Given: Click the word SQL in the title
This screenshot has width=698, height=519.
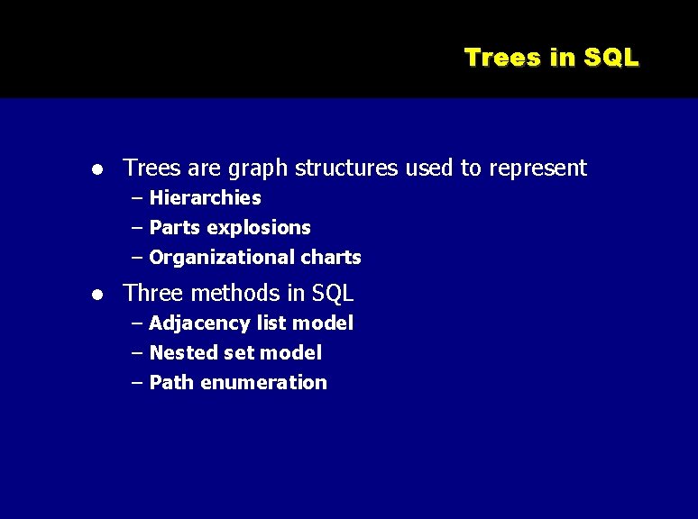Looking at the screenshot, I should click(611, 58).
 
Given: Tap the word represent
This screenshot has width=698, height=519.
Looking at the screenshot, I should click(538, 168).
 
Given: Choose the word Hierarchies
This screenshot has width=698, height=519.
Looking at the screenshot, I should click(205, 197).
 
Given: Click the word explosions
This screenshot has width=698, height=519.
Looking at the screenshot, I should click(259, 227).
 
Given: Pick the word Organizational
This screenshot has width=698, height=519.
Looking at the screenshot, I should click(221, 257).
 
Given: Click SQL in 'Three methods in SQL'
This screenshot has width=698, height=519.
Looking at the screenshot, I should click(333, 293).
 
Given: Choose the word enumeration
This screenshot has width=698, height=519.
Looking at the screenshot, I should click(263, 382).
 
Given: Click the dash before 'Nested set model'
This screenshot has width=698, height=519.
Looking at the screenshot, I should click(136, 352).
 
